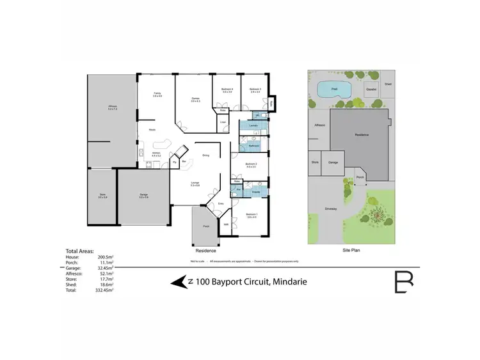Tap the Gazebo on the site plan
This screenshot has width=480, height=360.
(x=371, y=90)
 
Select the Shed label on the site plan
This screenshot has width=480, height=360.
(x=388, y=84)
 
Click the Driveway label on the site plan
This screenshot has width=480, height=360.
(x=330, y=208)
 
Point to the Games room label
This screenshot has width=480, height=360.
(x=196, y=99)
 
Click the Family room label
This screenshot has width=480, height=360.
(x=157, y=95)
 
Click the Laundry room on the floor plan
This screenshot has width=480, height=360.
(x=253, y=127)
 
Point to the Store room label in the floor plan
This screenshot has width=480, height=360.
(x=102, y=196)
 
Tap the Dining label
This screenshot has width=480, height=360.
(x=205, y=155)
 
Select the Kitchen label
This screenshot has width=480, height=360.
(x=157, y=154)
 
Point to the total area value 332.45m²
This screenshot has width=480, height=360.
(x=103, y=290)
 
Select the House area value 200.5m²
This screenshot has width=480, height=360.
(x=104, y=256)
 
